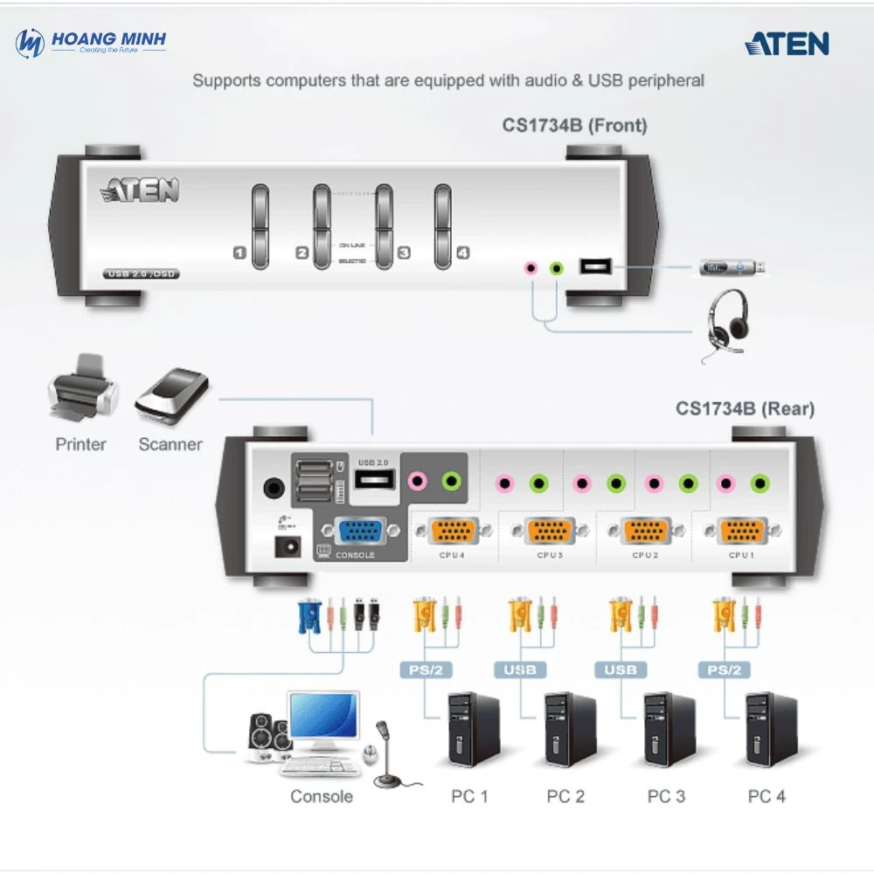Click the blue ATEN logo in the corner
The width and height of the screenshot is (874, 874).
click(787, 44)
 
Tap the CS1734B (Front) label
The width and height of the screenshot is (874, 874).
click(574, 125)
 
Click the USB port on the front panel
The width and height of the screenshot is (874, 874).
click(595, 267)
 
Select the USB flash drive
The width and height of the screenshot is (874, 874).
click(733, 266)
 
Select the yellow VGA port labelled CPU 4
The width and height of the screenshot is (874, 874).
click(452, 531)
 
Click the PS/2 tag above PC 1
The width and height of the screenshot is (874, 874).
click(425, 670)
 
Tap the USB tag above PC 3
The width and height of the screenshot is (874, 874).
click(621, 670)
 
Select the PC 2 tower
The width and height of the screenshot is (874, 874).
click(570, 730)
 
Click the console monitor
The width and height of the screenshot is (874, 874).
click(324, 718)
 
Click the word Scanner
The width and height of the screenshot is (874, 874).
click(170, 444)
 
